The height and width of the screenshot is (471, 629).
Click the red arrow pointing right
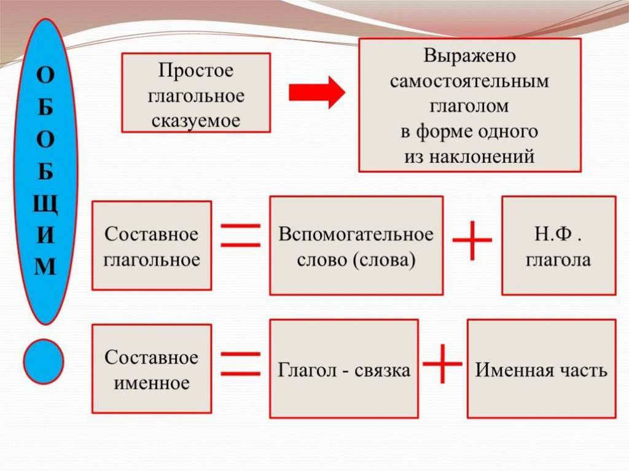click(317, 92)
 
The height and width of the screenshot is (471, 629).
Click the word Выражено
click(469, 56)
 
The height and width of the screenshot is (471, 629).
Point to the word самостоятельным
click(469, 81)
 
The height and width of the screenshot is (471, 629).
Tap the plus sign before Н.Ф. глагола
click(472, 241)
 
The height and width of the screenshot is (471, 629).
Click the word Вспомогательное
click(356, 235)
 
